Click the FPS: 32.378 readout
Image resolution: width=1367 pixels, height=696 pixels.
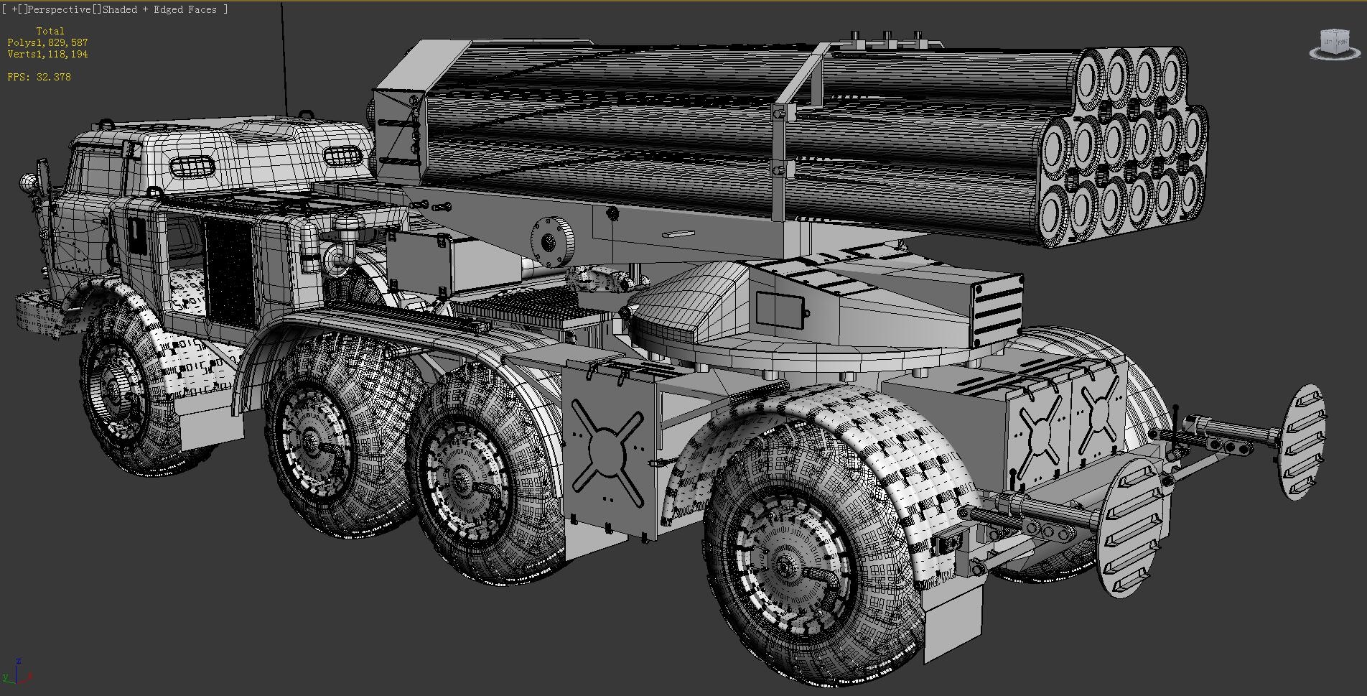(x=39, y=77)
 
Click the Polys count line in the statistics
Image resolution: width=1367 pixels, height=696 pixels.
(x=47, y=43)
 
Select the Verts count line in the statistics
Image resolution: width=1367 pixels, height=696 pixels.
(x=47, y=55)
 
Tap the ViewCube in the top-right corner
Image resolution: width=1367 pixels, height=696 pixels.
(x=1334, y=43)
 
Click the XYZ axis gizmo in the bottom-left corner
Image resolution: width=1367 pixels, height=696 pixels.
(x=17, y=672)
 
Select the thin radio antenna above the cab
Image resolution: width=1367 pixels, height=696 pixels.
(x=284, y=57)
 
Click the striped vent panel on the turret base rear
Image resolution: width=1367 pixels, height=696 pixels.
(x=999, y=309)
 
